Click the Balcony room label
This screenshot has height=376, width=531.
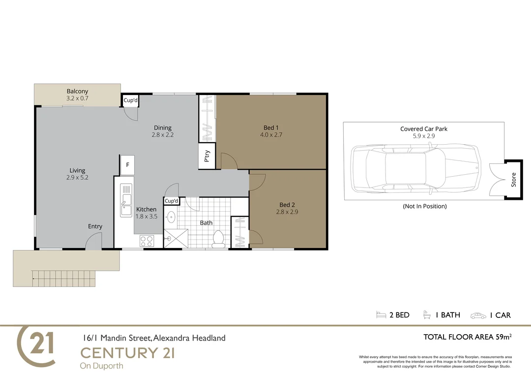coord(77,91)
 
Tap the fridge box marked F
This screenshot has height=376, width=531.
coord(127,165)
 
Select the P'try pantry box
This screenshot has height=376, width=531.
coord(207,156)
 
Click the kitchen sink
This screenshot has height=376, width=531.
coord(126,199)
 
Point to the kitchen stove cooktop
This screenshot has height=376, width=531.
coord(147,241)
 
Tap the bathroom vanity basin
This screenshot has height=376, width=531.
coord(171,217)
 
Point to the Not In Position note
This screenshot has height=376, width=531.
coord(424,206)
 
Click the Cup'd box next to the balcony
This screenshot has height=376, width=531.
coord(130,100)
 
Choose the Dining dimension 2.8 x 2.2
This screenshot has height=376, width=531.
coord(162,134)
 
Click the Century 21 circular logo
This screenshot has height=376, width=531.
coord(36,346)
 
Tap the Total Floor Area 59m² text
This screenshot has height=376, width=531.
coord(468,337)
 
